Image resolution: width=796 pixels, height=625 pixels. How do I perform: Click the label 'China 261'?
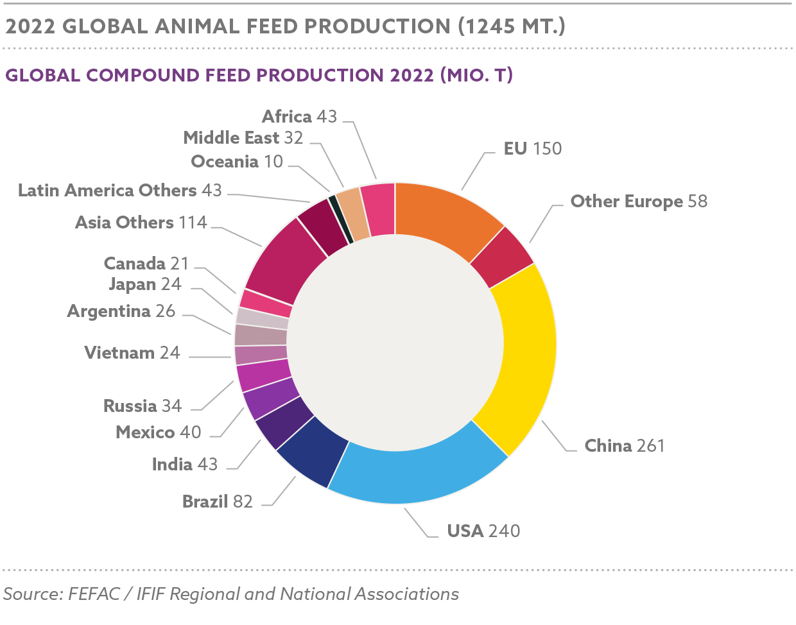624,445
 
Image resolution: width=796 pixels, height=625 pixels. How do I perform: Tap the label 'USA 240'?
483,531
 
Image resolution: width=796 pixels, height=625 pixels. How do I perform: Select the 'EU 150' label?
532,149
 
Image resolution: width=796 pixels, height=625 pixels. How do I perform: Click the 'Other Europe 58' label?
639,201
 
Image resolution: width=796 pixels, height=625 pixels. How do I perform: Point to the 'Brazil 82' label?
217,501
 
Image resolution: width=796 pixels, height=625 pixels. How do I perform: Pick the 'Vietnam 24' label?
132,353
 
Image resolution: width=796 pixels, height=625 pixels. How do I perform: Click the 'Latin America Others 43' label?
120,191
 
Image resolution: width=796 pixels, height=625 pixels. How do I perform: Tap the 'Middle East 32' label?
243,138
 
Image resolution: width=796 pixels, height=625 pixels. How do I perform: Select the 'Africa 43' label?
299,116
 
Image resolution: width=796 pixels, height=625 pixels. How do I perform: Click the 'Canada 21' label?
146,264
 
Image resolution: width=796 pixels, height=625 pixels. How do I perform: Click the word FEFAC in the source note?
94,594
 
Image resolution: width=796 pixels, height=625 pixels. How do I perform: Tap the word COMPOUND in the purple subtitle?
143,76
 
